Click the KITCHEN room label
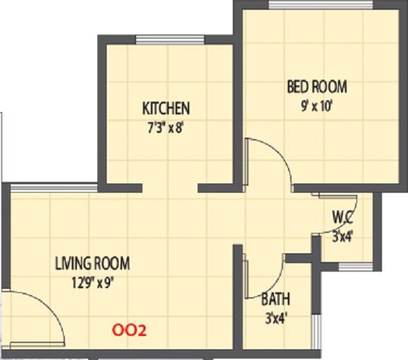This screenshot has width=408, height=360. click(x=166, y=108)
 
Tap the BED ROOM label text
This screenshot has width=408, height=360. click(x=316, y=87)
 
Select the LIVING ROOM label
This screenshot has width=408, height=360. click(x=92, y=264)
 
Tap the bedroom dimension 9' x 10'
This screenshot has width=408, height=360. click(x=316, y=108)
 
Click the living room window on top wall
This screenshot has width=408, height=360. click(x=54, y=187)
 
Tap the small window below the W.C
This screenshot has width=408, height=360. click(x=355, y=266)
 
